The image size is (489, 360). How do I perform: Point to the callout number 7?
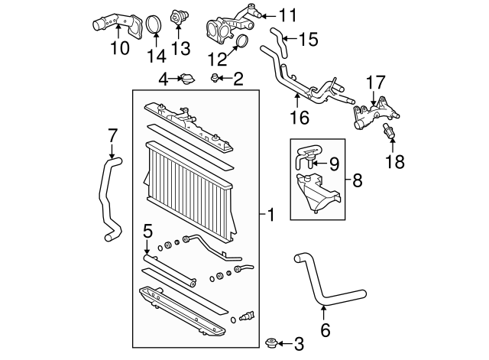coord(112,135)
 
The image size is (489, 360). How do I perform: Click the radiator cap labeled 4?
coord(186,79)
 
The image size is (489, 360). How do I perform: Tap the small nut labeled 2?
coord(217,78)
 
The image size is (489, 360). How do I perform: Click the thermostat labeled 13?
coord(180,18)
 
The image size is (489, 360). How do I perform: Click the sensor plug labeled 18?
coord(391,130)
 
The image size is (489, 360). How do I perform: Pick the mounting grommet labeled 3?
coord(270,341)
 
